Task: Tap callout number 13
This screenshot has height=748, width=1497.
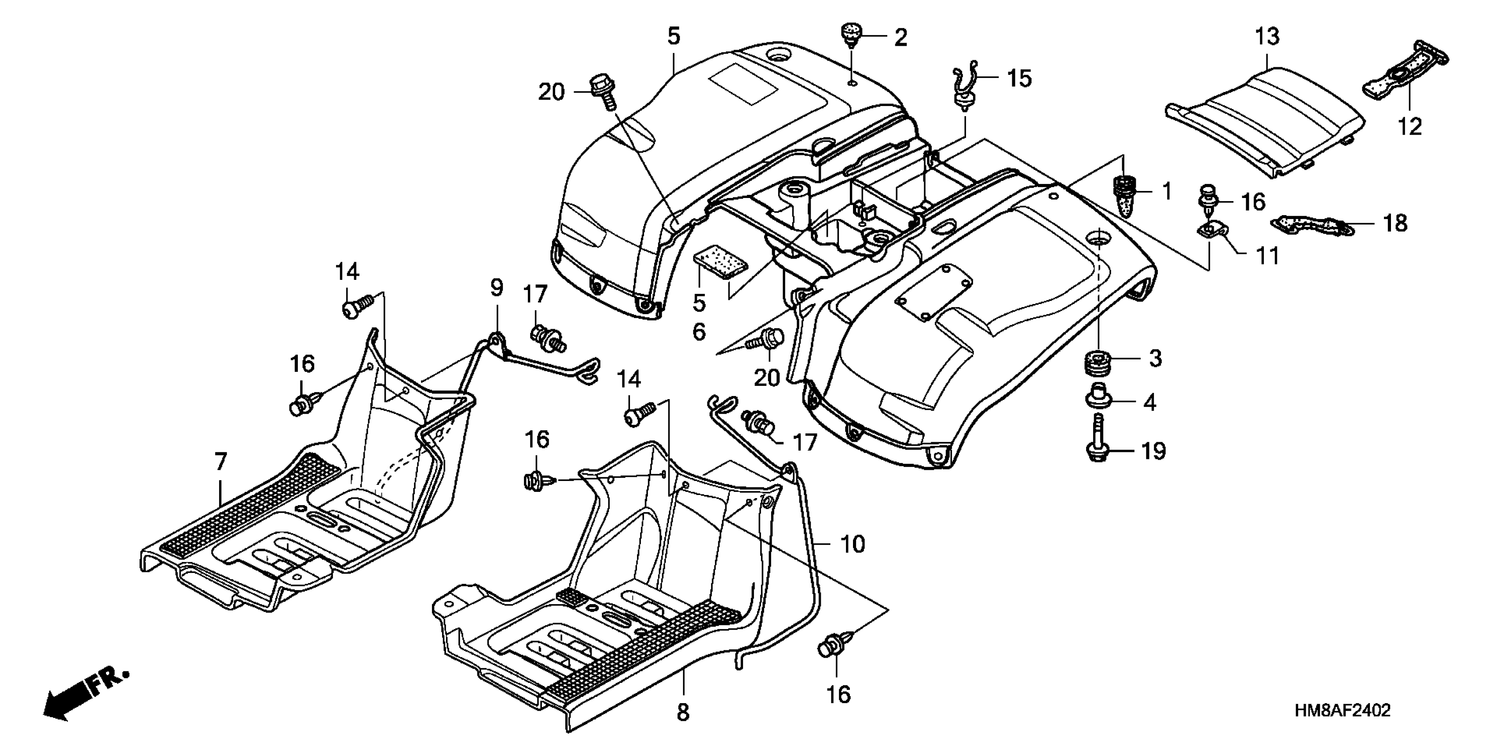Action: pyautogui.click(x=1266, y=37)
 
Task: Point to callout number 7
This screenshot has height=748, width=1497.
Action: pyautogui.click(x=220, y=462)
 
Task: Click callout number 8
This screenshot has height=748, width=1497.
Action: pyautogui.click(x=683, y=712)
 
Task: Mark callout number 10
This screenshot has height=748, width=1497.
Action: pyautogui.click(x=853, y=545)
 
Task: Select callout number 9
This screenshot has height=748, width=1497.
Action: pyautogui.click(x=496, y=287)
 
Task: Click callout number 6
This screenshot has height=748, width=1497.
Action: pyautogui.click(x=699, y=332)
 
